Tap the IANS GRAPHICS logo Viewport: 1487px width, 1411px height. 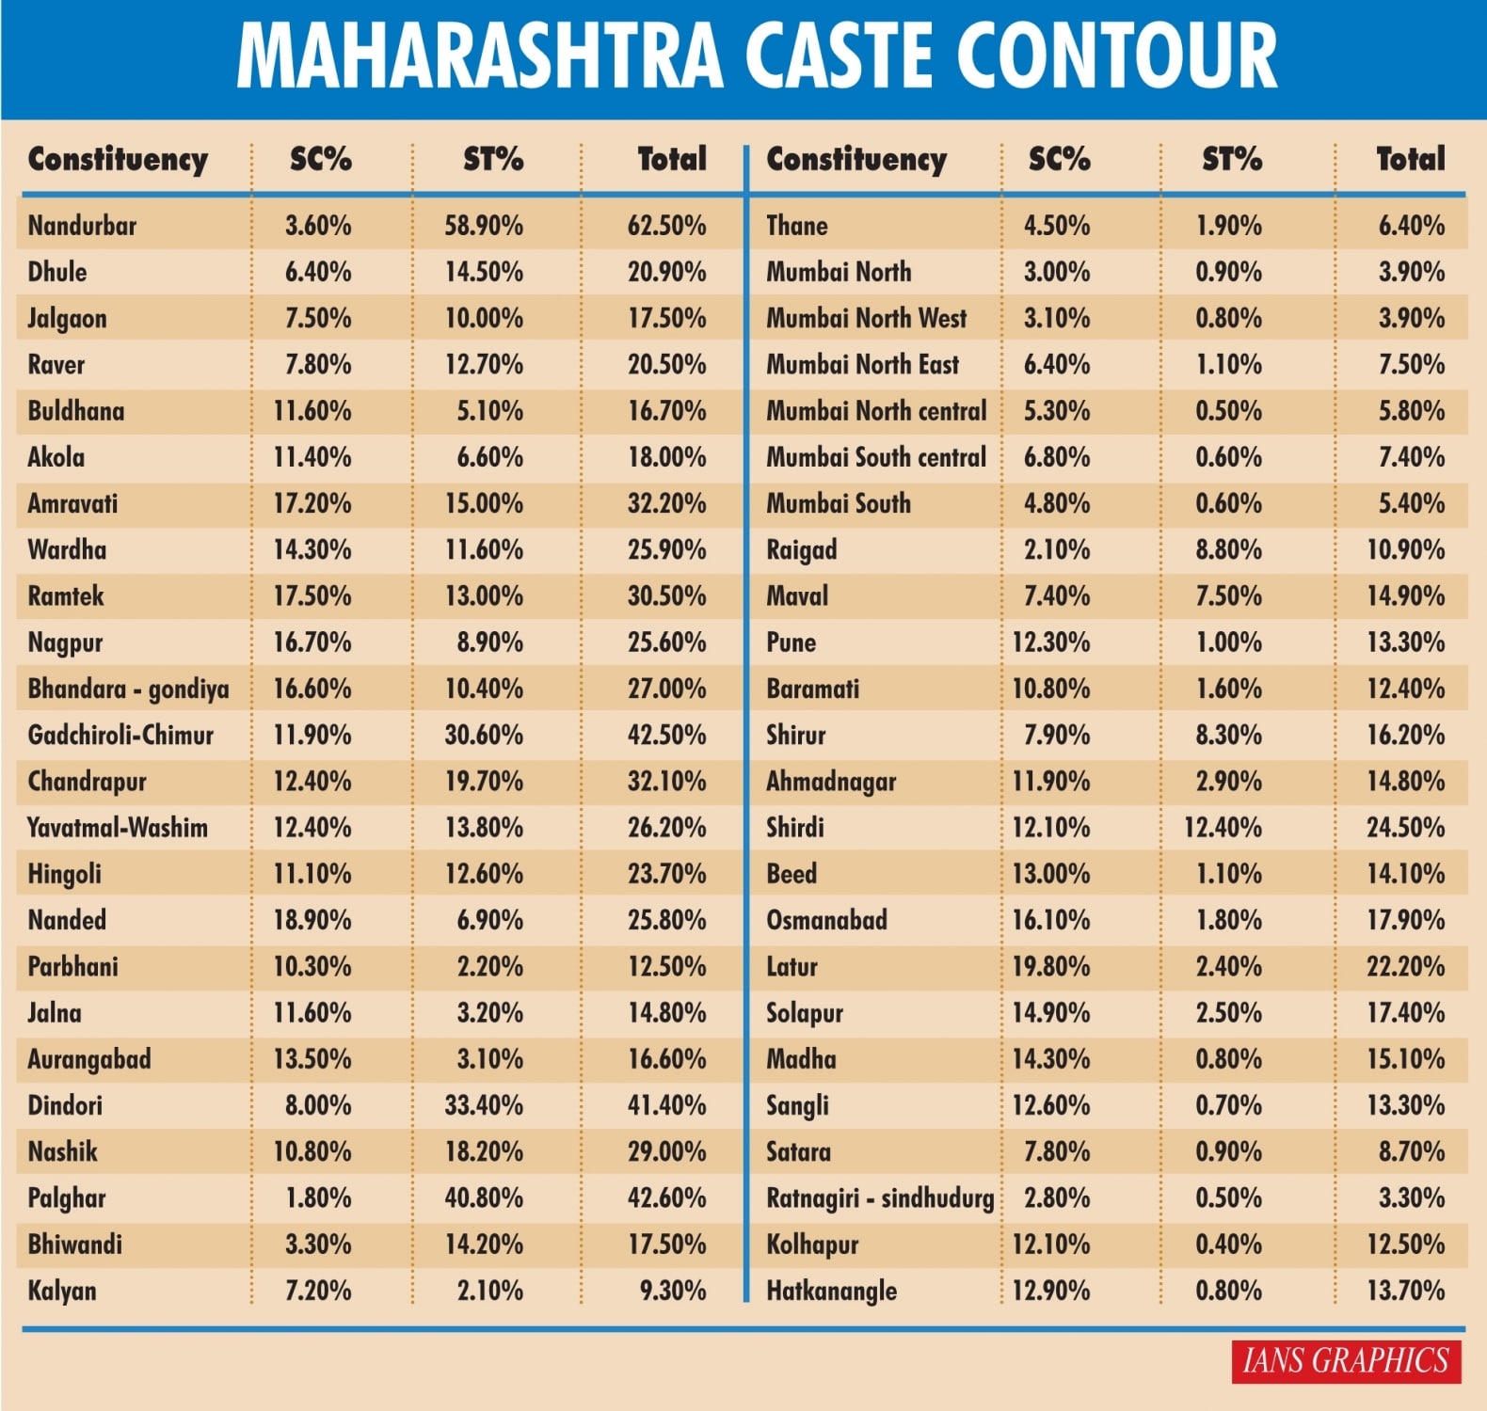click(1345, 1360)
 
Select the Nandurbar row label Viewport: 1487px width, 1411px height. click(82, 226)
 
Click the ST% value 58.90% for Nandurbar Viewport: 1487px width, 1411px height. click(484, 226)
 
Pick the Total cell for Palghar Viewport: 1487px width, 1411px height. click(666, 1198)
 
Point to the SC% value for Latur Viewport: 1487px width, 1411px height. click(1050, 967)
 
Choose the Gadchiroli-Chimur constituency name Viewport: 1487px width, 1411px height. click(120, 736)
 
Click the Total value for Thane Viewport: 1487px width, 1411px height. click(1411, 226)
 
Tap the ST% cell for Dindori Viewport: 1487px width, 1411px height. click(484, 1105)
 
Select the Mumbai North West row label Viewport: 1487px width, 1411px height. click(866, 319)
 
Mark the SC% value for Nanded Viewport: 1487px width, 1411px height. click(312, 920)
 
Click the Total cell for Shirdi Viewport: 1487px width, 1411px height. click(1405, 828)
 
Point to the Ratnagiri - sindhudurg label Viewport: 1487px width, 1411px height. click(879, 1198)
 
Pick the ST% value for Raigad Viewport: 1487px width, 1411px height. click(1228, 550)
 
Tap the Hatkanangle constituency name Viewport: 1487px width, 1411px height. click(831, 1291)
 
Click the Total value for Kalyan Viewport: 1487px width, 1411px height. click(672, 1291)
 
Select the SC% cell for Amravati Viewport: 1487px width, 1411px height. click(312, 503)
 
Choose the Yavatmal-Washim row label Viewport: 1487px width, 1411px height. click(118, 828)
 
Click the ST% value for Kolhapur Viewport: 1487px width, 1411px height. click(1228, 1245)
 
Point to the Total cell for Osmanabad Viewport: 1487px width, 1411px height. click(1405, 920)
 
